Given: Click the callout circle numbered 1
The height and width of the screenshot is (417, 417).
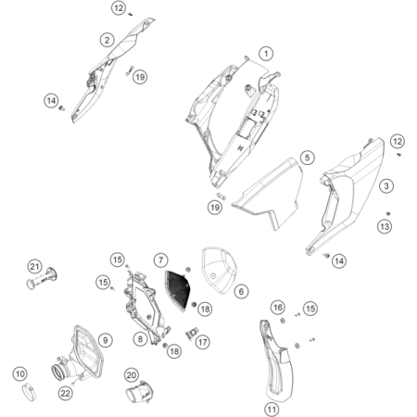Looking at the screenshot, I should [266, 54].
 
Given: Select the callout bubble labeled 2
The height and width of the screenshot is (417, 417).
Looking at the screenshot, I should [108, 39].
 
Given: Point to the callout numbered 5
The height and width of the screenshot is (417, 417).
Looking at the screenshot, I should [307, 159].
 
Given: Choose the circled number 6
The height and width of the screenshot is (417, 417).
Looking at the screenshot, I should [242, 291].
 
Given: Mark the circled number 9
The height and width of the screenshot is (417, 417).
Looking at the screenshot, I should [105, 341].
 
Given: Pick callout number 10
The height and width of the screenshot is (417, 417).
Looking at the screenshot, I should [19, 374].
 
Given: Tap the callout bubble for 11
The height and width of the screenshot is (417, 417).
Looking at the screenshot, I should [272, 408].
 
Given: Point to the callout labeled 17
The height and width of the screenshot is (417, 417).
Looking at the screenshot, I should [203, 341].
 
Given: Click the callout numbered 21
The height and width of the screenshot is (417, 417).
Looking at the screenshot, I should [34, 269].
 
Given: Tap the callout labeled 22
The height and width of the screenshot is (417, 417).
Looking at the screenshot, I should [65, 394].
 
